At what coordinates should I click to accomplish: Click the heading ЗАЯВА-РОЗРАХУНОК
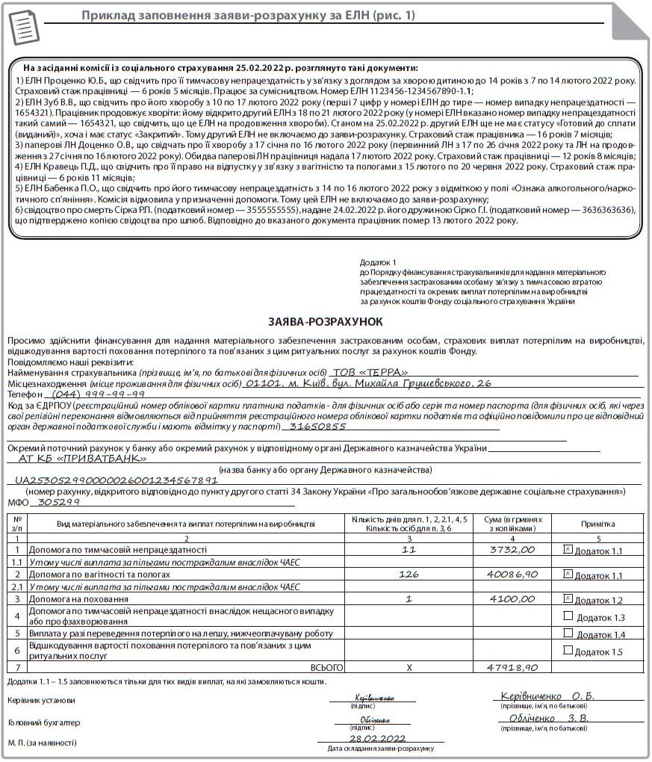[325, 321]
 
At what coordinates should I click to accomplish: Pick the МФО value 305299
[59, 502]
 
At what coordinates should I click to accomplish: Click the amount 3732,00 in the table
[512, 549]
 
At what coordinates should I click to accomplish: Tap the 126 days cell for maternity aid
[408, 574]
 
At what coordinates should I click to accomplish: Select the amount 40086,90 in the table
[512, 574]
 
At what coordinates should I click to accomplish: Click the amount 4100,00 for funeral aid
[512, 598]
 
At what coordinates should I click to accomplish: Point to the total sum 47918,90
[512, 666]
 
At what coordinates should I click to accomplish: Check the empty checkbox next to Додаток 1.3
[568, 616]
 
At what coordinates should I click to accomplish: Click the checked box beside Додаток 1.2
[568, 598]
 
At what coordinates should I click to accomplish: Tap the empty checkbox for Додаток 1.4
[568, 633]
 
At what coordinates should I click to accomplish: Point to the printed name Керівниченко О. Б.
[547, 696]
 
